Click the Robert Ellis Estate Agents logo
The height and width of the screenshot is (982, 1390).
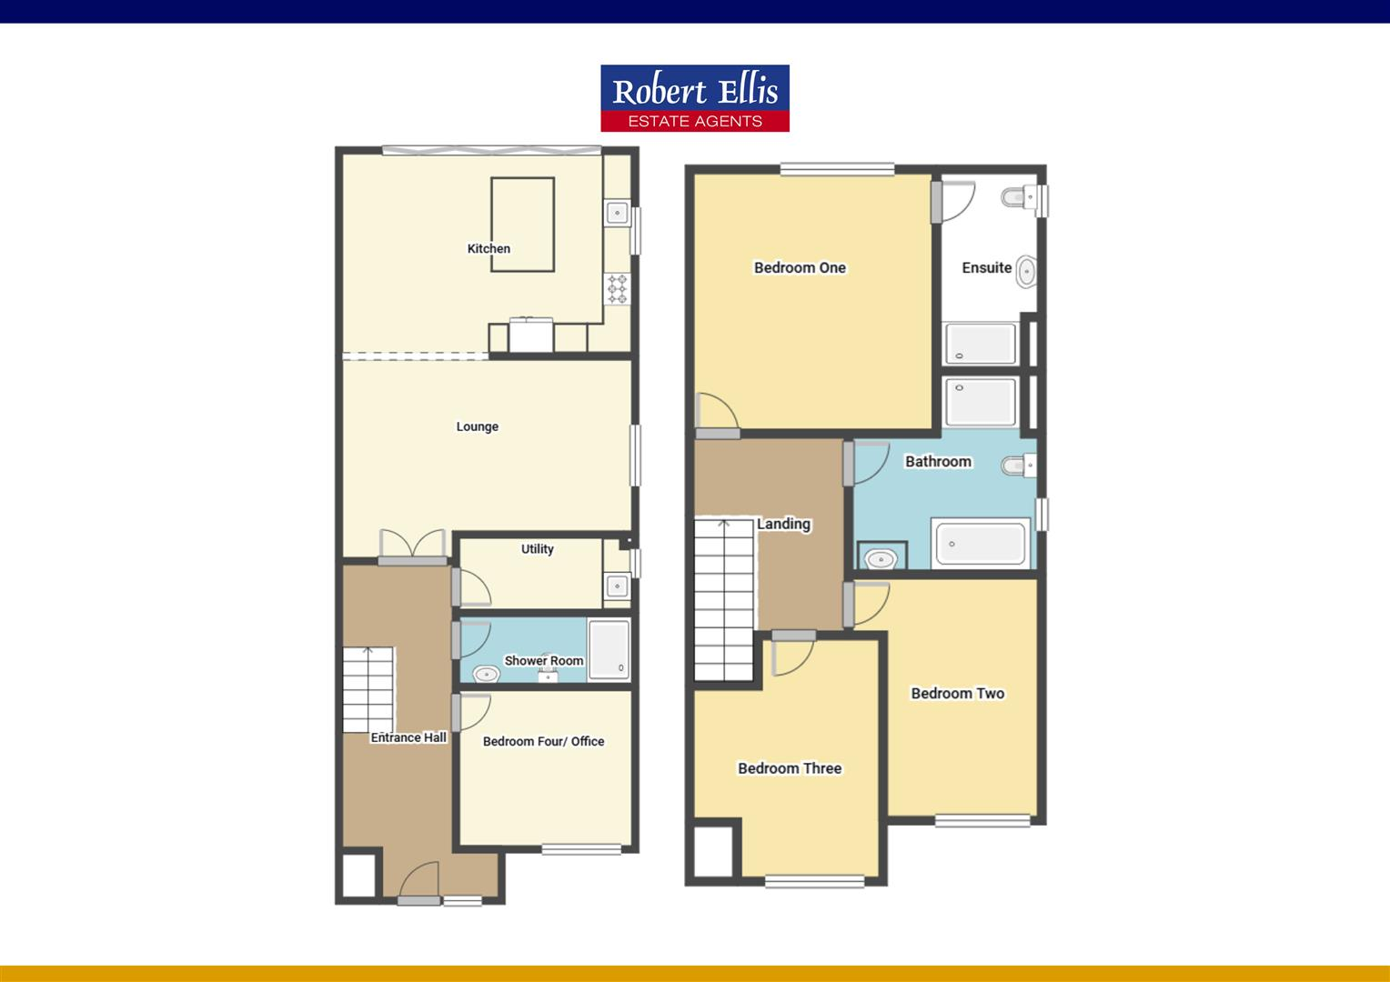[x=695, y=97]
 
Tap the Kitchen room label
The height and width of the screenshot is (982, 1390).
[x=489, y=248]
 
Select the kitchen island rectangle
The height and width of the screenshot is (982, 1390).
[x=523, y=224]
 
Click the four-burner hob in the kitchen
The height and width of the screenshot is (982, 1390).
[x=618, y=288]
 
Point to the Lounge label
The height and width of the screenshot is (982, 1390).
[x=478, y=426]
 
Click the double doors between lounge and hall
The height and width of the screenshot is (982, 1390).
[x=413, y=545]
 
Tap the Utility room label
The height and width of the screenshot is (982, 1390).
[x=537, y=548]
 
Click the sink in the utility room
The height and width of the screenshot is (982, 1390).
[x=617, y=586]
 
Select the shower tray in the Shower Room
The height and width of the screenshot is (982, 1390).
[x=609, y=649]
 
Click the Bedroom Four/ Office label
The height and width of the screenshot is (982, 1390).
[x=543, y=741]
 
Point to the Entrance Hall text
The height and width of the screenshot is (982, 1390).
[x=408, y=737]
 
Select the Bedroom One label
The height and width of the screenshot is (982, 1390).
[x=800, y=267]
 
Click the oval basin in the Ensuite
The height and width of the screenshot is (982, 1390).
[x=1025, y=270]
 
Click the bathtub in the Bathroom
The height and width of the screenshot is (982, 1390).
[x=981, y=543]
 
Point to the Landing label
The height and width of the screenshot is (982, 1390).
[x=783, y=524]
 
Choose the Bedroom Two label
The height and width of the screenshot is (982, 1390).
[x=958, y=693]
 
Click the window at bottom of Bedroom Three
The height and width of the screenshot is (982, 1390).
[x=814, y=880]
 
